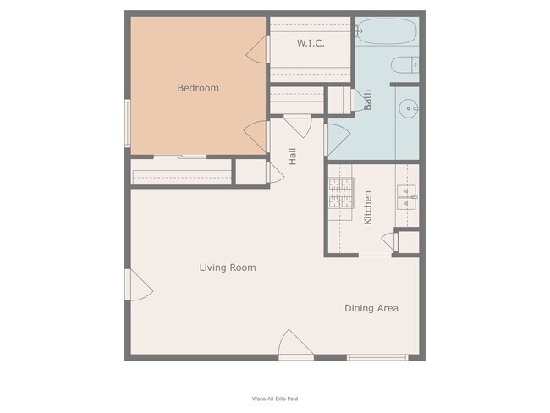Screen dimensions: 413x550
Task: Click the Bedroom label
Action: pos(198,88)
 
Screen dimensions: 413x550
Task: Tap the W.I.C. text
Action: pos(311,43)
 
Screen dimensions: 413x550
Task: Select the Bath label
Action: pos(367,101)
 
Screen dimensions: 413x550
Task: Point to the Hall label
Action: pos(292,156)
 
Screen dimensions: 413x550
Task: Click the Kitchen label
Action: pos(368,207)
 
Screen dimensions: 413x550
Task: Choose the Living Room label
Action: pos(227,267)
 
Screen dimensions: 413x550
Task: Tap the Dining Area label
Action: pos(371,308)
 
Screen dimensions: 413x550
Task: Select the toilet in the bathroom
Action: pos(406,64)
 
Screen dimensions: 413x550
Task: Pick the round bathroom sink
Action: pos(409,108)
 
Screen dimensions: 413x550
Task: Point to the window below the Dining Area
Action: pos(377,357)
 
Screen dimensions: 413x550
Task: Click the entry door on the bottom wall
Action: pos(297,345)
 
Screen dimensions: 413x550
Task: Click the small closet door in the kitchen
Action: pos(389,241)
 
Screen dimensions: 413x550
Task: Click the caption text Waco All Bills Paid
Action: pos(275,398)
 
